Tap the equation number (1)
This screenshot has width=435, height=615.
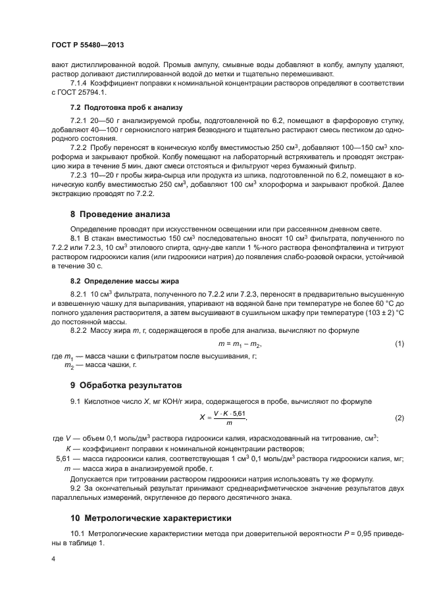399,345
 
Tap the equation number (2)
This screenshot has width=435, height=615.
399,418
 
